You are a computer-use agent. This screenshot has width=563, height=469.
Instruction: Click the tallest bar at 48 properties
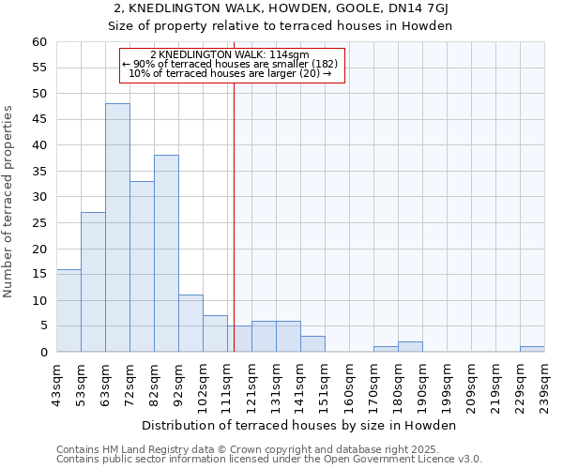pos(117,228)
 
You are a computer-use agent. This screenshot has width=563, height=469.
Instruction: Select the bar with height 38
pos(166,253)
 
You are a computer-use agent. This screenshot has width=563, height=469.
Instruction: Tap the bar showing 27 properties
pos(93,282)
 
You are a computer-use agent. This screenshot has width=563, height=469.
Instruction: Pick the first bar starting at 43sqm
pos(68,310)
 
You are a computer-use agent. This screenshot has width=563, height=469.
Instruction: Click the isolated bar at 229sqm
pos(532,349)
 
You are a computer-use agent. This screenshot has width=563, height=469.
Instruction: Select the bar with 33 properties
pos(142,266)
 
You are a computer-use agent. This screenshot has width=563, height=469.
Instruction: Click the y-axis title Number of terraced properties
pos(8,202)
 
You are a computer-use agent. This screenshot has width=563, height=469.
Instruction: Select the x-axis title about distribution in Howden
pos(300,425)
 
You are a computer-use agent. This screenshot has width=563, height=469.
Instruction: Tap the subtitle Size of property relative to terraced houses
pos(281,26)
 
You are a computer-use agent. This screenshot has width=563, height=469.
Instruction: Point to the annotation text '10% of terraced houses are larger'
pos(230,73)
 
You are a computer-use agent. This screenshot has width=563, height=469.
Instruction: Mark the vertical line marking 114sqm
pos(234,216)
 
